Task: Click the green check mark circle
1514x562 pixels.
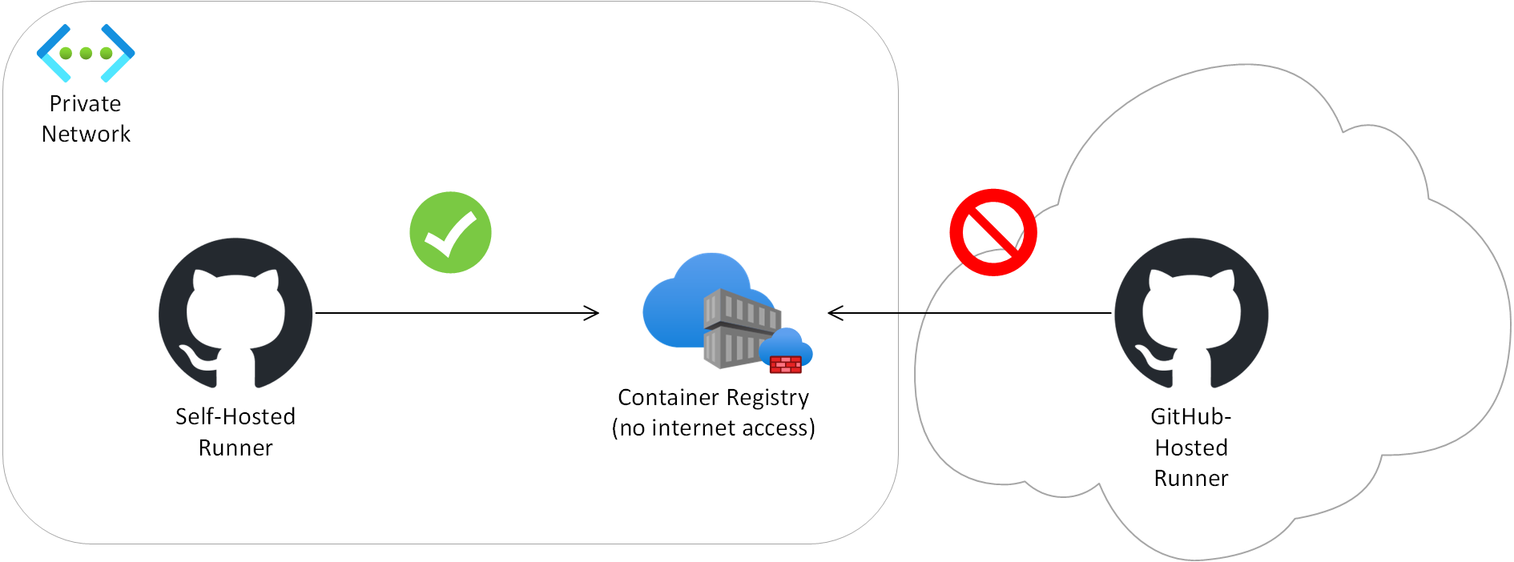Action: pos(450,232)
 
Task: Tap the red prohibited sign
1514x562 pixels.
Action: pos(993,232)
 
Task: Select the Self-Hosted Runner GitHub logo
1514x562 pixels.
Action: pos(236,314)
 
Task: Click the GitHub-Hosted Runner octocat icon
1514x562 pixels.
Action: pos(1191,314)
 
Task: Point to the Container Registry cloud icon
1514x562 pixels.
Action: pos(705,308)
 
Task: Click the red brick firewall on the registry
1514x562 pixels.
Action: pos(786,364)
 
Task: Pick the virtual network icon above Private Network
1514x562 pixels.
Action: pos(86,53)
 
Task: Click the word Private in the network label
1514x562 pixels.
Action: pos(85,104)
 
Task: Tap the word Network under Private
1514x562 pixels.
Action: pos(86,134)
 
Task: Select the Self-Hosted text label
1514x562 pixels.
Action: pos(236,416)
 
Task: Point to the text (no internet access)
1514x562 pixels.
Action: pos(713,428)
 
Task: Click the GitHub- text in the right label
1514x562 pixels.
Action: pos(1190,416)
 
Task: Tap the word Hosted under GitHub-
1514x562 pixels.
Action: pos(1191,448)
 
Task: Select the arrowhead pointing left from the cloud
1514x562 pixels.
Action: pos(835,313)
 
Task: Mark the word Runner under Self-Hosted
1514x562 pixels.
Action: pos(236,448)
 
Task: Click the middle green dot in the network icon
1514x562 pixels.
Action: pos(86,54)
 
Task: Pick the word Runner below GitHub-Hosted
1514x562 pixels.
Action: pos(1191,479)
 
